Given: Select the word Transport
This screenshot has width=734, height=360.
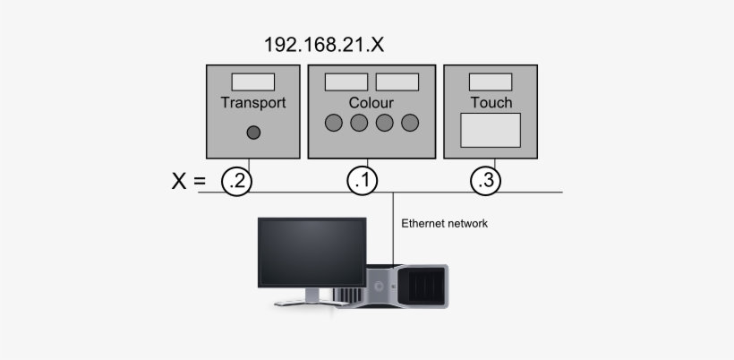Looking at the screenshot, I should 253,102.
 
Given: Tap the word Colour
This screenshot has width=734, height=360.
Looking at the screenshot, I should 371,102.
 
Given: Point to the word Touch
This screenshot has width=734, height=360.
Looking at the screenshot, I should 491,102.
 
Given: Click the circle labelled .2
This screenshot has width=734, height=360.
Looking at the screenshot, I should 237,181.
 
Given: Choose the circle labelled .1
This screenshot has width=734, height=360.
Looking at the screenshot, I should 362,181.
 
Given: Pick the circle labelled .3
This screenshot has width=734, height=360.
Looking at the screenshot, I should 485,181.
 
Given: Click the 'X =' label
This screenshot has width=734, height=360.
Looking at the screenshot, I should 189,182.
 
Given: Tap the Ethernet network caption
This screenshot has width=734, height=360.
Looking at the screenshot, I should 444,224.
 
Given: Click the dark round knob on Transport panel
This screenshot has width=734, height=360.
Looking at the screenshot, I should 253,133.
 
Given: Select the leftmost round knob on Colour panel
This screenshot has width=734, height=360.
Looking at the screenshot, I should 334,124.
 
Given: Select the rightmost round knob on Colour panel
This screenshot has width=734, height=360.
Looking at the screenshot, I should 410,124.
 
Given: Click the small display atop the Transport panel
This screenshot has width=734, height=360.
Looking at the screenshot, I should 253,81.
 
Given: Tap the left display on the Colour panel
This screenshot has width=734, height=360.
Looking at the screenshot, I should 346,81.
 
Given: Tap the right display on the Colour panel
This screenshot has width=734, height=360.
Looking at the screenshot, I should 397,81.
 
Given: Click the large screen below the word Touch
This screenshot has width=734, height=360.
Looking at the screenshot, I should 491,130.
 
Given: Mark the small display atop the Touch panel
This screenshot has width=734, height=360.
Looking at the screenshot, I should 491,81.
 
